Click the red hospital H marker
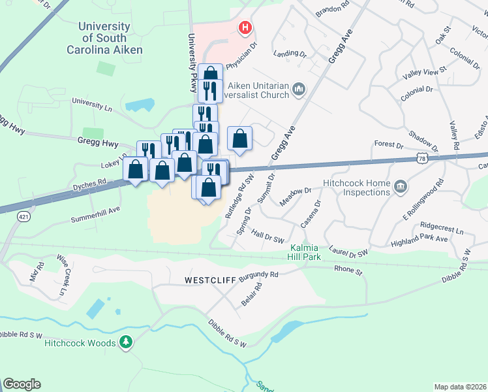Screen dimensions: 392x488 [x=245, y=27]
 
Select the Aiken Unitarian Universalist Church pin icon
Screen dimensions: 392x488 [x=299, y=88]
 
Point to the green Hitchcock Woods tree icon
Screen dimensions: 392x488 [x=127, y=342]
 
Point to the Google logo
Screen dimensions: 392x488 [x=22, y=384]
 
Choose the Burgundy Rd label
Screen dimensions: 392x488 [x=258, y=277]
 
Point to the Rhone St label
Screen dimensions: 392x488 [x=347, y=269]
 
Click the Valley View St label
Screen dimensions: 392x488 [x=425, y=70]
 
